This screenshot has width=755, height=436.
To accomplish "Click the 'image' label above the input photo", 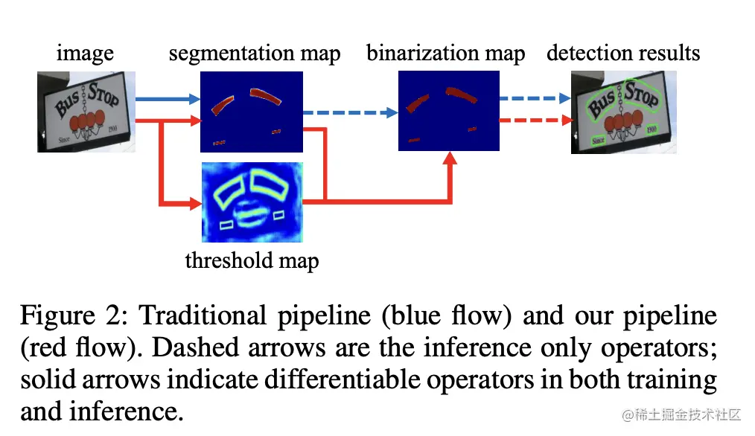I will click(x=85, y=54).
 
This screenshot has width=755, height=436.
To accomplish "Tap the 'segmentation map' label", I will click(x=255, y=54).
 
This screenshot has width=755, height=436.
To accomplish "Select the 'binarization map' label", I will click(x=445, y=54).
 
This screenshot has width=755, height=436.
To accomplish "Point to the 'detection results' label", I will click(x=623, y=54).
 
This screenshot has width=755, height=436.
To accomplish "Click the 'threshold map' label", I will click(x=252, y=260).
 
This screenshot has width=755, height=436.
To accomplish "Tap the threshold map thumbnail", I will click(x=252, y=202).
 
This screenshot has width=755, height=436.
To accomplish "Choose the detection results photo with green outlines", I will click(x=623, y=112).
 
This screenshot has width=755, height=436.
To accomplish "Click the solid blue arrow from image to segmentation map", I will click(x=168, y=98).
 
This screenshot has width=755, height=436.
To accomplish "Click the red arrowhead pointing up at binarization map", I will click(x=450, y=158).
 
